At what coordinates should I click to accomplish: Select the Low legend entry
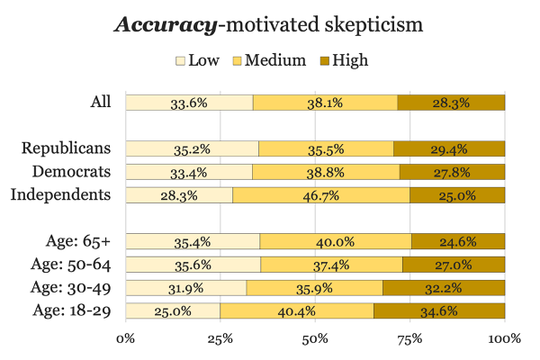[195, 60]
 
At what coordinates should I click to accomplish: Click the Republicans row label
[67, 148]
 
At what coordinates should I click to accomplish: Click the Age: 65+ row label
[77, 240]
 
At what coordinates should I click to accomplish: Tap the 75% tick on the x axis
[409, 339]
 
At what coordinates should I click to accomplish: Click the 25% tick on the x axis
[220, 339]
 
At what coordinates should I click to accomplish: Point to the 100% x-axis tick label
[504, 339]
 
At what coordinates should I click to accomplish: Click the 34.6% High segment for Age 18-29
[439, 311]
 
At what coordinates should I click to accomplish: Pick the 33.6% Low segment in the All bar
[189, 102]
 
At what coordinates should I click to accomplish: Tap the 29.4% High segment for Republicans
[449, 148]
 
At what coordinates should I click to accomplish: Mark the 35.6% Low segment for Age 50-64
[193, 265]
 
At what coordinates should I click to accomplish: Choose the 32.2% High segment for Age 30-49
[444, 288]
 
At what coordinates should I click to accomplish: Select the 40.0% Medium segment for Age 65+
[336, 241]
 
